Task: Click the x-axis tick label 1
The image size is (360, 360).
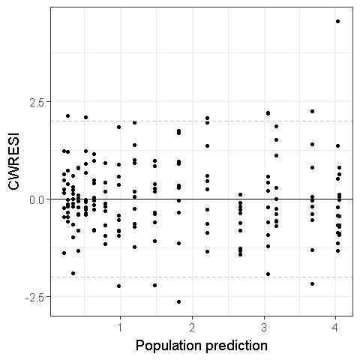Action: [x=120, y=328]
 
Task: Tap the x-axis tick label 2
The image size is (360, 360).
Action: [x=192, y=328]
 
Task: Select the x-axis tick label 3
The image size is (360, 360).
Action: [x=264, y=328]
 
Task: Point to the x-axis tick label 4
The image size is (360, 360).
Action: [x=336, y=328]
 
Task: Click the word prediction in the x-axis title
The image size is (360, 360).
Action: [x=230, y=346]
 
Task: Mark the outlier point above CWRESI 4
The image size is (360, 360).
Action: [x=337, y=21]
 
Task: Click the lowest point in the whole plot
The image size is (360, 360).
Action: [x=178, y=301]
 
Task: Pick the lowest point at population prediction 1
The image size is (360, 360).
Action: [x=118, y=286]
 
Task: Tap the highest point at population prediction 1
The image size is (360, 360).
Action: [x=118, y=127]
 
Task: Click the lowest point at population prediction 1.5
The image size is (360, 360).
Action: [x=154, y=285]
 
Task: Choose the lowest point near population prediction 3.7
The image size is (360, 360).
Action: [x=312, y=283]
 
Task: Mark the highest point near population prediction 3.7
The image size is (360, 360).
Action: [x=312, y=111]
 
